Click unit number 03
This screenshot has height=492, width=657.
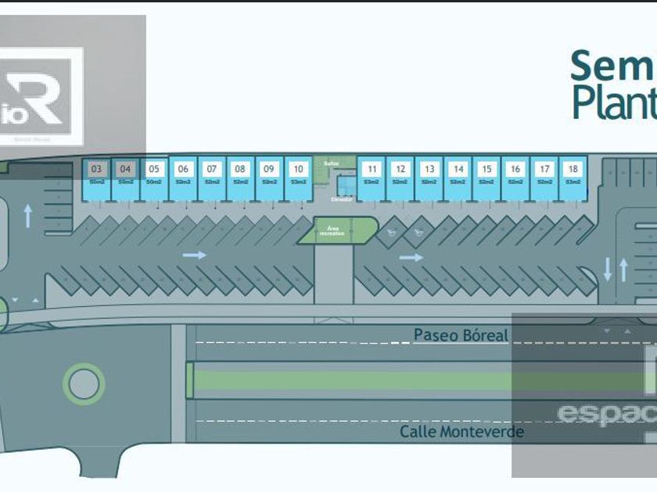click(96, 169)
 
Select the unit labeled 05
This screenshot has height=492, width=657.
click(154, 169)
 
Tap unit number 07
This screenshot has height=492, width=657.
click(212, 169)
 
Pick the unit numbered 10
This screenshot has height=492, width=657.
click(298, 169)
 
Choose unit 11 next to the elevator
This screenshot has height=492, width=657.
click(372, 169)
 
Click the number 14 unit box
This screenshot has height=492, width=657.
click(458, 169)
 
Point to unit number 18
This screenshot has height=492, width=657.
click(573, 169)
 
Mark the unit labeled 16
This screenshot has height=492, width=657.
click(515, 169)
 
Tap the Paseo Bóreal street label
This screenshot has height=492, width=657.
click(461, 335)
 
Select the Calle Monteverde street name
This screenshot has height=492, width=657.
click(461, 431)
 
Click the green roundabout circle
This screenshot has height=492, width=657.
click(84, 383)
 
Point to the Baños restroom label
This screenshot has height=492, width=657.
click(329, 163)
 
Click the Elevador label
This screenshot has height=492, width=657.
click(341, 199)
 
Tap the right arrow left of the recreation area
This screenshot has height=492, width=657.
click(195, 255)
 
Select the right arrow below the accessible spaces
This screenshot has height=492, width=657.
click(411, 257)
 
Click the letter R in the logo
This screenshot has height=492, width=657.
click(44, 96)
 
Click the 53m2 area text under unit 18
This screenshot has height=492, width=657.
click(573, 182)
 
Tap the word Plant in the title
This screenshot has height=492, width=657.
click(612, 103)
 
